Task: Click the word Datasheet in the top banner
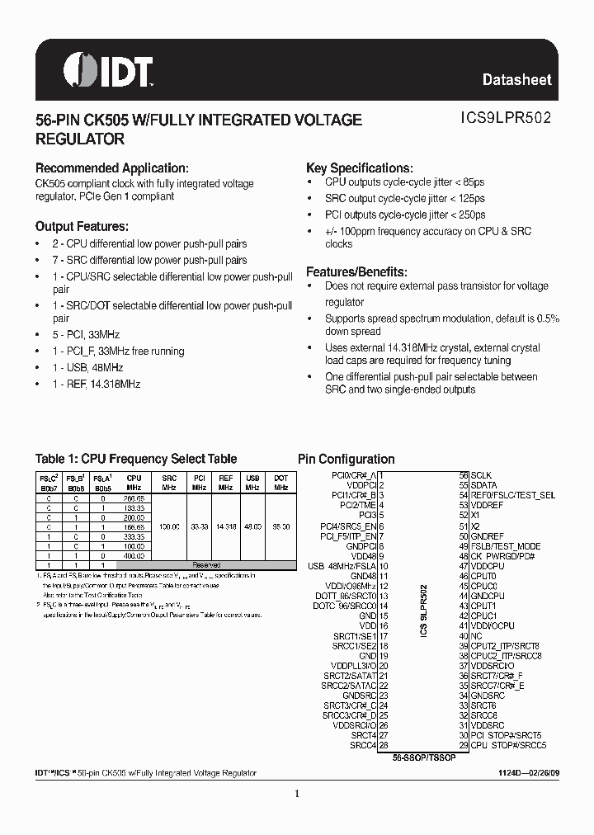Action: pos(516,80)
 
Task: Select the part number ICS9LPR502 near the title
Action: pos(506,119)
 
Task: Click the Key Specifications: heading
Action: pos(359,167)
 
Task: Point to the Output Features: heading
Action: pos(81,226)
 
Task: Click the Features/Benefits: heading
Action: pos(356,271)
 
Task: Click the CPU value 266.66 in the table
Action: pos(134,498)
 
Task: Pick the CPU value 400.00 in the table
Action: pos(134,556)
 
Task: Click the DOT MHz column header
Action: pos(280,483)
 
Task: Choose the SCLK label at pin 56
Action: pos(481,475)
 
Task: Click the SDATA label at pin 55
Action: pos(483,485)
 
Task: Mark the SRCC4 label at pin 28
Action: pos(363,745)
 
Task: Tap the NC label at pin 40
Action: pos(476,636)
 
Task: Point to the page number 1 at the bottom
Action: pos(297,794)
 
